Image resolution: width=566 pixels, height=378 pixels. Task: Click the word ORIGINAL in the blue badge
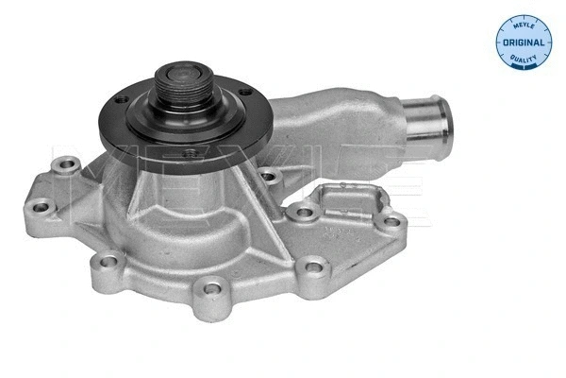523,43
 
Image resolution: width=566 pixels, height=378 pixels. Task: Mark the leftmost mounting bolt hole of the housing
41,207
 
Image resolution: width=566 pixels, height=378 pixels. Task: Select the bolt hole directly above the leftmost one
66,168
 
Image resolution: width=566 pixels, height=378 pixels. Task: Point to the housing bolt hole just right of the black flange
269,177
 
